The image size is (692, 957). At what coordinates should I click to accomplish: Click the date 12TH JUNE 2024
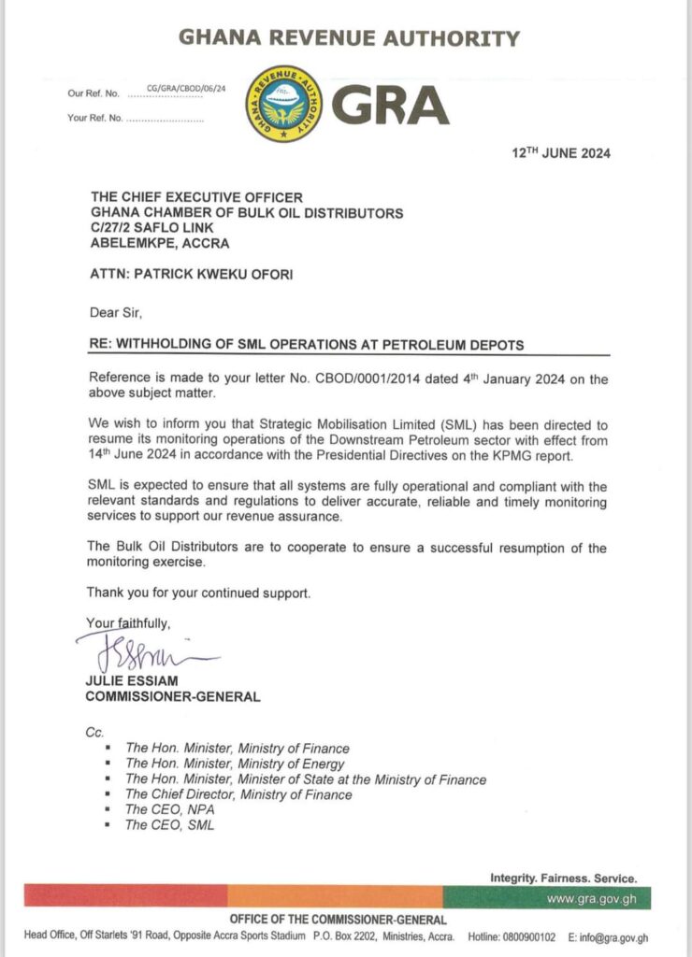click(x=560, y=153)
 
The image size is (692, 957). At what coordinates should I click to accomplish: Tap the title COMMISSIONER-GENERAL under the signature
click(x=173, y=697)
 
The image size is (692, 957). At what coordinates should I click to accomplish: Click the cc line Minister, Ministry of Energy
click(x=238, y=764)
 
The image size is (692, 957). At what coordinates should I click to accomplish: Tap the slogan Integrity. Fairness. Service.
click(x=564, y=878)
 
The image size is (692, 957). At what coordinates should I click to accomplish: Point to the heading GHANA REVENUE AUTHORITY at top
click(x=348, y=39)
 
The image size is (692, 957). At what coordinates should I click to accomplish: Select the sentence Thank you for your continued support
click(x=198, y=593)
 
